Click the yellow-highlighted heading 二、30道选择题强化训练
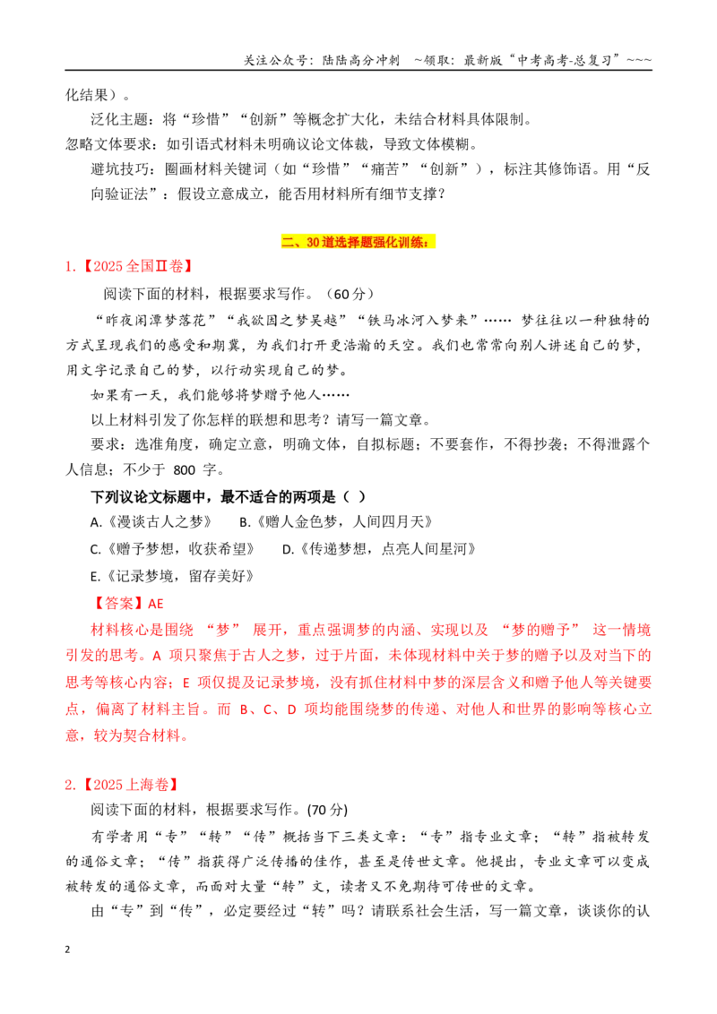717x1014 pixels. (x=358, y=242)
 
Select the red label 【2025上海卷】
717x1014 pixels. (x=129, y=785)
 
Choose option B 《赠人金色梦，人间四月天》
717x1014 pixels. (x=336, y=522)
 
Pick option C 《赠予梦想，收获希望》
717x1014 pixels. (x=172, y=549)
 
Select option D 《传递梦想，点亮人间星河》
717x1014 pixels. (x=379, y=549)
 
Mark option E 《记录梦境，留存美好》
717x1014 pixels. (x=172, y=576)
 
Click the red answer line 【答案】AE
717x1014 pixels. (x=127, y=604)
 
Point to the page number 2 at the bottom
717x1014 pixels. (x=67, y=950)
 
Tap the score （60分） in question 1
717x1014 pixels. (x=350, y=294)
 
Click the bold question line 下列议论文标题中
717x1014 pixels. (x=229, y=496)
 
